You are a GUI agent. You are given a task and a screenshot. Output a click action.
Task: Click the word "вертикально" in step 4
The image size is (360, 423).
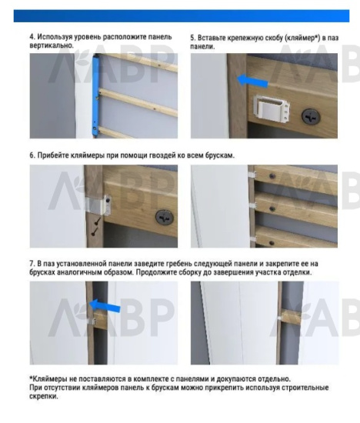click(50, 45)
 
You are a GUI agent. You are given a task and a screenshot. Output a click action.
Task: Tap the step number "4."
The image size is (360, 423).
click(32, 37)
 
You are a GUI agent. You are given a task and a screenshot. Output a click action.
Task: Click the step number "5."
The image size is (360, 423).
click(193, 37)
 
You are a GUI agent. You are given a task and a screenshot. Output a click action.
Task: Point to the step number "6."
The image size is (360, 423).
click(32, 155)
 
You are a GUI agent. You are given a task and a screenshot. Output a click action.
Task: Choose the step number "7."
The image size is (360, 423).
click(32, 264)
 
